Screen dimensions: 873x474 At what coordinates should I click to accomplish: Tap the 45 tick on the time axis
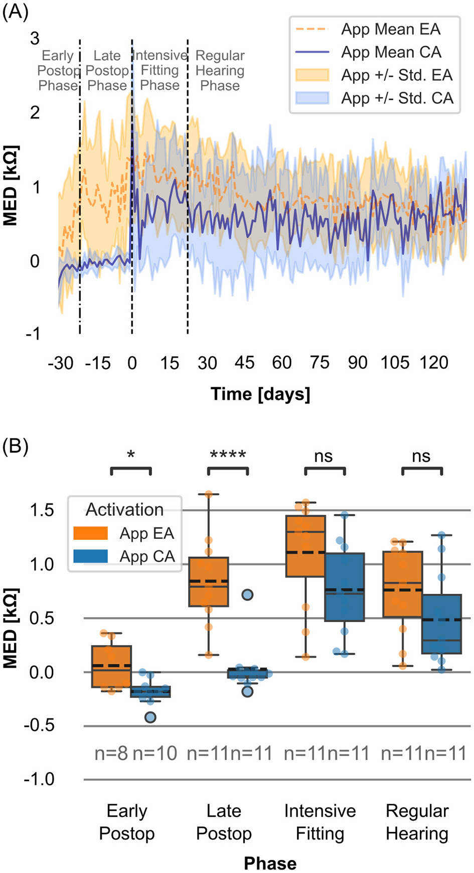pos(244,362)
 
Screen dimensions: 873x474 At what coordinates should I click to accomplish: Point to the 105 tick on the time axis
pos(395,362)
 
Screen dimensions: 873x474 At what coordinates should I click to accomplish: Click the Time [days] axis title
pos(260,394)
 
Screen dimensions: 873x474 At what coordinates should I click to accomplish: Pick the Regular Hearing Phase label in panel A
pos(220,70)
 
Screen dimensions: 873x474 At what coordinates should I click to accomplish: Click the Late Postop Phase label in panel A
pos(107,70)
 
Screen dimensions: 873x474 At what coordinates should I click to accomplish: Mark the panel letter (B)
pos(15,446)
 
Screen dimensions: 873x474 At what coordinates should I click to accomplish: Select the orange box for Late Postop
pos(209,582)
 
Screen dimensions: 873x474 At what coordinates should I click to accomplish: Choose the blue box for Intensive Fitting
pos(345,587)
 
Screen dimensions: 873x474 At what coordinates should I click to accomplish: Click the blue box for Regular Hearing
pos(442,624)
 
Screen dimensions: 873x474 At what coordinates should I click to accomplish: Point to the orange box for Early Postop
pos(111,666)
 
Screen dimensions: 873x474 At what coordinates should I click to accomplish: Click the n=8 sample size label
pos(111,753)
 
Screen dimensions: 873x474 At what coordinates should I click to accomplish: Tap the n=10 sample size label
pos(154,753)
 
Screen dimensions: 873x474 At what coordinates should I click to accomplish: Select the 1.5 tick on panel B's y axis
pos(42,510)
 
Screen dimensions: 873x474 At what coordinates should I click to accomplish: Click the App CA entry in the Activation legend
pos(146,556)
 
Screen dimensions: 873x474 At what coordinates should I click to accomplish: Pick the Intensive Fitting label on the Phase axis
pos(320,822)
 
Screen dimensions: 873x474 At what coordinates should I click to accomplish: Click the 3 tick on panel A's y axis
pos(35,38)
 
